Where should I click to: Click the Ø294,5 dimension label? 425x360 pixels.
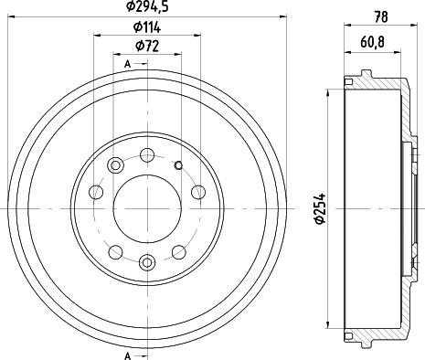147,6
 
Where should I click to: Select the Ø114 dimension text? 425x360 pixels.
147,27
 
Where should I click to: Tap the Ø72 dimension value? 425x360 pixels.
147,47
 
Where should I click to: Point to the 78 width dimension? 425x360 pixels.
381,17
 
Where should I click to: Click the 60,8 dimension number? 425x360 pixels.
372,43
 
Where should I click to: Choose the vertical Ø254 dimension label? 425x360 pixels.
320,208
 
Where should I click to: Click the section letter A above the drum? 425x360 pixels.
128,64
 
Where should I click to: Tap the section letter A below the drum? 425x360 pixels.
128,355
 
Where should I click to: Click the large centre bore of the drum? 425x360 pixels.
147,208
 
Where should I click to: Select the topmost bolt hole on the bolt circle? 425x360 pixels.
147,155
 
